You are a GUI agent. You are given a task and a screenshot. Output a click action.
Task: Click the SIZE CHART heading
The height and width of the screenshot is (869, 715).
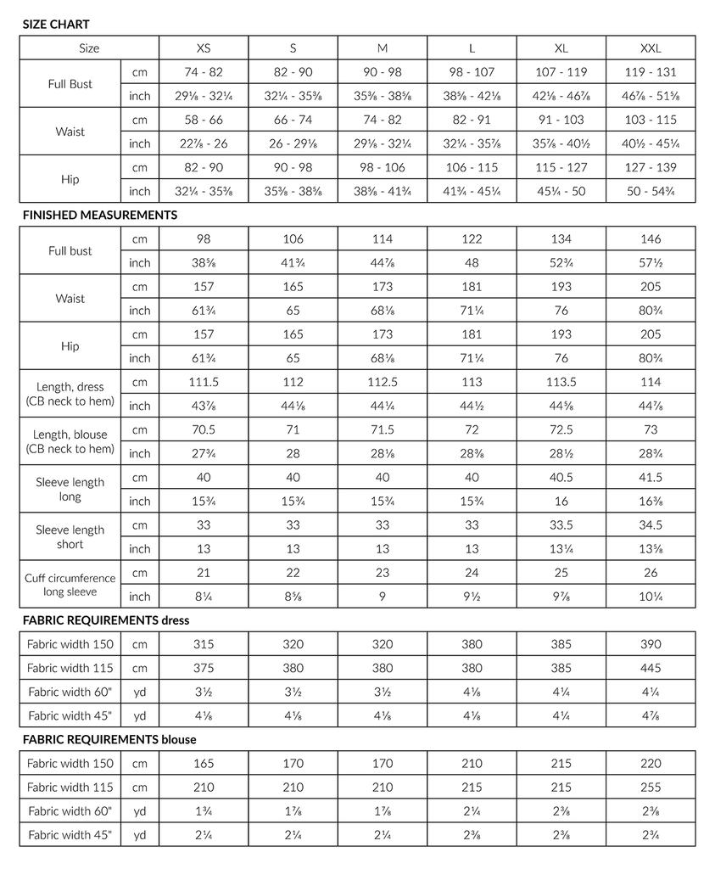pos(55,25)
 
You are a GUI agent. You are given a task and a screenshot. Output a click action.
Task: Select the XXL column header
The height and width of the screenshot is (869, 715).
pos(651,48)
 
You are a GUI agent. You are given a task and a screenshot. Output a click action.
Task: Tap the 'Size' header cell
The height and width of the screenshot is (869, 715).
pos(89,48)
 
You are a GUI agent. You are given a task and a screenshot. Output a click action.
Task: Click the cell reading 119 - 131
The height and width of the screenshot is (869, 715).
pos(651,72)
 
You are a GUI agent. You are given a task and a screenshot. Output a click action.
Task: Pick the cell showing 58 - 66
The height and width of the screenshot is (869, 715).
pos(204,120)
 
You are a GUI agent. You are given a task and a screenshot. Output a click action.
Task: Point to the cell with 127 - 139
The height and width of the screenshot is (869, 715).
pos(651,167)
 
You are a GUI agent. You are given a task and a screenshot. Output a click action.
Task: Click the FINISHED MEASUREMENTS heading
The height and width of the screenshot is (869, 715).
pos(99,215)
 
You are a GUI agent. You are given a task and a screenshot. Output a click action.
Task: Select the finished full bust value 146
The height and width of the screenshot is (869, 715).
pos(651,239)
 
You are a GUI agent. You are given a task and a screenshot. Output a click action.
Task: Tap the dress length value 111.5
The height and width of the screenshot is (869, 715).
pos(204,382)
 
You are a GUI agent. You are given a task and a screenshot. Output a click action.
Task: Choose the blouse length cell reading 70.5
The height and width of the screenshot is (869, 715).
pos(204,429)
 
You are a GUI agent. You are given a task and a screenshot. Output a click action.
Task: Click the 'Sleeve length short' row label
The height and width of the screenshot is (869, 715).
pos(70,536)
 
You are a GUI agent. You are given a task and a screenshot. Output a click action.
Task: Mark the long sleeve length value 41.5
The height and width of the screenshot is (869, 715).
pos(651,477)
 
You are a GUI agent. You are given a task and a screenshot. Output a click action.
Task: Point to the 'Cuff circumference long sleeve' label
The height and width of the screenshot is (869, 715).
pos(70,585)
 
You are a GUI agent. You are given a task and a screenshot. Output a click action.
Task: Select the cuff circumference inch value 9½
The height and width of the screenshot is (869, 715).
pos(472,596)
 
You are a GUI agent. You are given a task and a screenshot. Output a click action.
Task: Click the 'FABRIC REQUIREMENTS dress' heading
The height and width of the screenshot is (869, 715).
pos(105,620)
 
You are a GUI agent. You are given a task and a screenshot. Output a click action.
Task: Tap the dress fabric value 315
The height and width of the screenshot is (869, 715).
pos(204,644)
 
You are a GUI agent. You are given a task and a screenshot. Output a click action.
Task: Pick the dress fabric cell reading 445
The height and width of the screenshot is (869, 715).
pos(651,668)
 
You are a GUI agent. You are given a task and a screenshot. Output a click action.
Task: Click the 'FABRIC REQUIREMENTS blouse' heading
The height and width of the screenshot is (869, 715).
pos(109,738)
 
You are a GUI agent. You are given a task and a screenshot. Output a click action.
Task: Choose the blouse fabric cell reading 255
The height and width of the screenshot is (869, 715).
pos(651,787)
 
